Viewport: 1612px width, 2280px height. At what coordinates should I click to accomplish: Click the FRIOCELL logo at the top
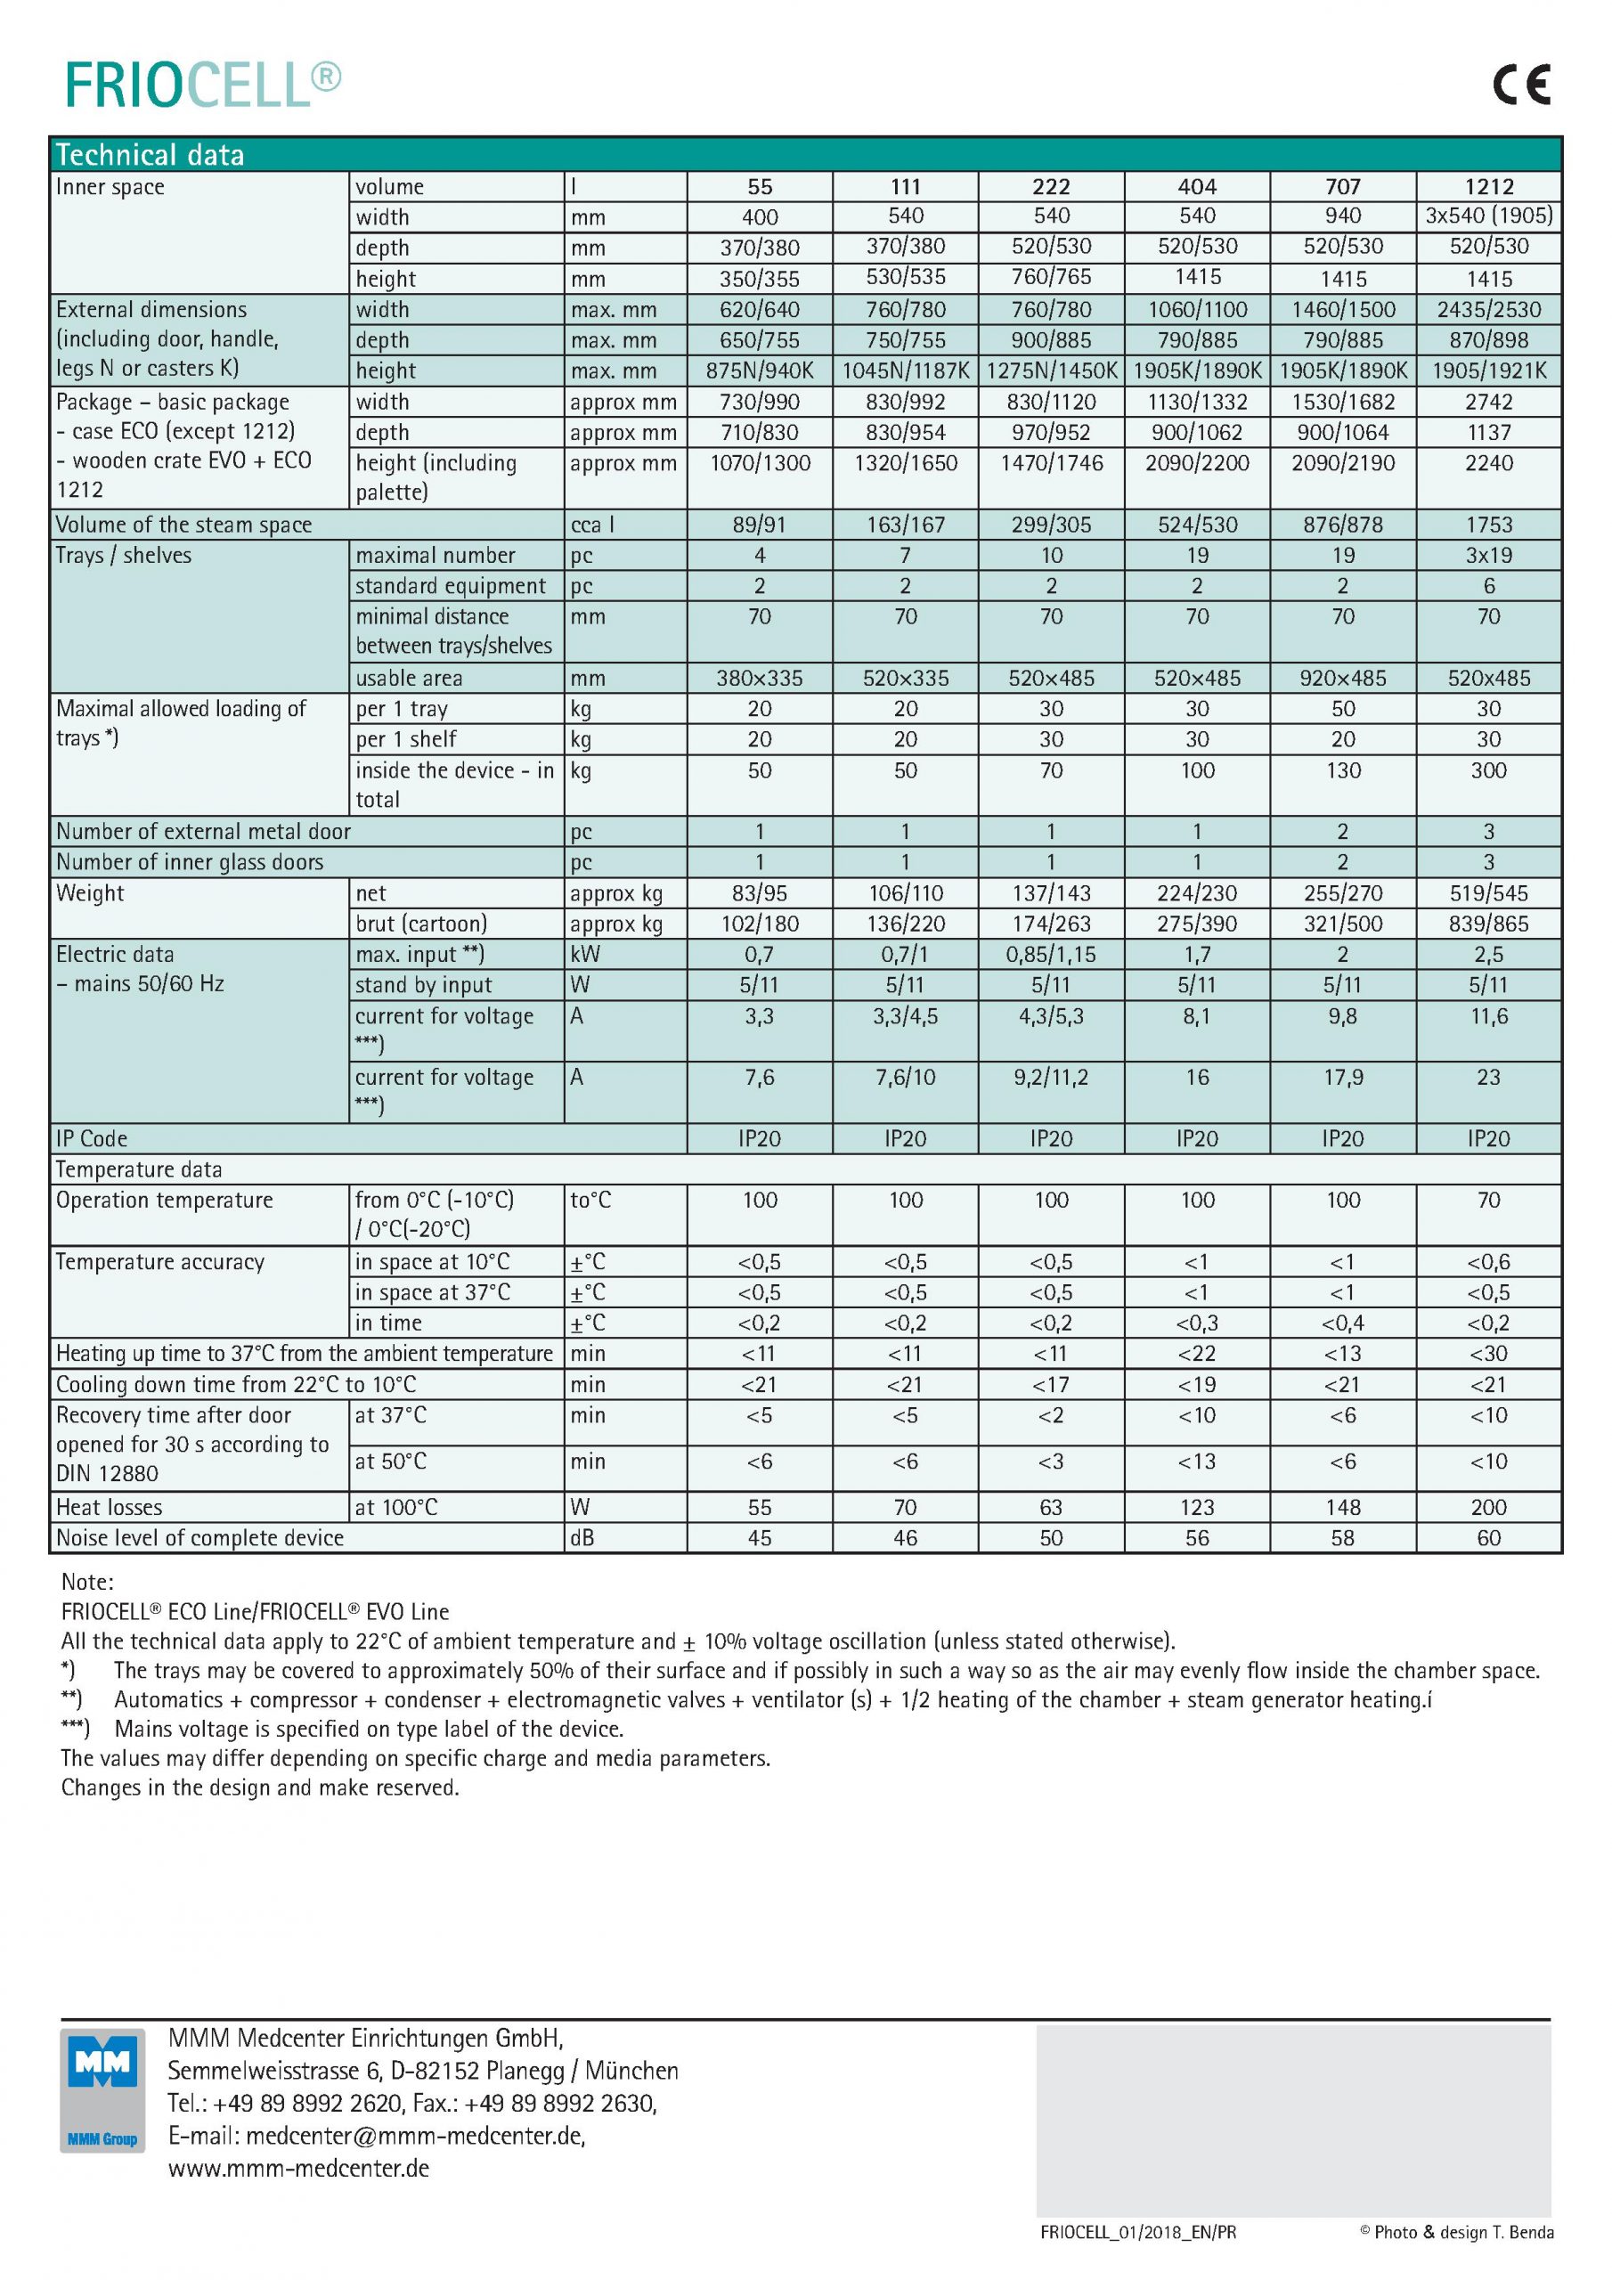pyautogui.click(x=203, y=85)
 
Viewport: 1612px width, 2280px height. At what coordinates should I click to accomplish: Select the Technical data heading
pyautogui.click(x=150, y=155)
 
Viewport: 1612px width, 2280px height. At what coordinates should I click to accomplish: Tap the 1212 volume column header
pyautogui.click(x=1488, y=187)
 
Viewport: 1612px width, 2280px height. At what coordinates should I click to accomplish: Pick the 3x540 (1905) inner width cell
pyautogui.click(x=1488, y=216)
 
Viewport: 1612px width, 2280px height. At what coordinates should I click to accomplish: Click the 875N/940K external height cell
pyautogui.click(x=760, y=370)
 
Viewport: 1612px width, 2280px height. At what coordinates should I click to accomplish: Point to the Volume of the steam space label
pyautogui.click(x=183, y=525)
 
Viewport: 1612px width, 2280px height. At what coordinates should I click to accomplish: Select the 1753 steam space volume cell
pyautogui.click(x=1488, y=525)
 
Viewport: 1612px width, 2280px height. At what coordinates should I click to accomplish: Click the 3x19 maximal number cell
pyautogui.click(x=1488, y=555)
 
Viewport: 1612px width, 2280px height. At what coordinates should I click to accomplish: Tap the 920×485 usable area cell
pyautogui.click(x=1343, y=679)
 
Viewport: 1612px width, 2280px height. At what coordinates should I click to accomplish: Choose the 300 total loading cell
pyautogui.click(x=1488, y=770)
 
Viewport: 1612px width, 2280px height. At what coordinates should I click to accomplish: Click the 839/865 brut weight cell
pyautogui.click(x=1488, y=924)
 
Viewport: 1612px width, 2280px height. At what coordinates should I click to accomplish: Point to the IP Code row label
pyautogui.click(x=92, y=1139)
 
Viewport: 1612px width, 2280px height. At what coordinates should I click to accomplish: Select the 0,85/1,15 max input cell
pyautogui.click(x=1051, y=954)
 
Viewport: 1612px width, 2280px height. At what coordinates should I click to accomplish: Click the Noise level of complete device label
pyautogui.click(x=199, y=1538)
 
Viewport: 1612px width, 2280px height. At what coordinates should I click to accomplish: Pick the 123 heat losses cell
pyautogui.click(x=1197, y=1508)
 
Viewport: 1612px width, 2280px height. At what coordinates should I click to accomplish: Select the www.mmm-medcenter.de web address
pyautogui.click(x=299, y=2168)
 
